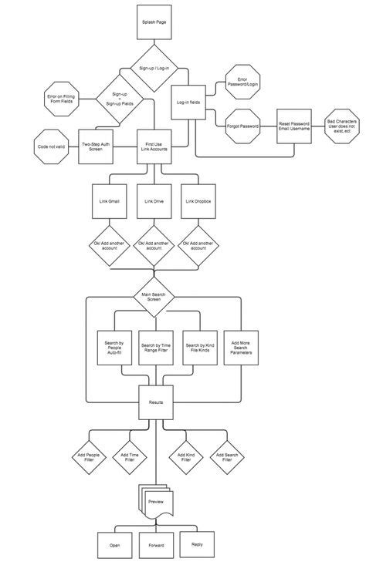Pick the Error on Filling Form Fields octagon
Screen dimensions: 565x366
[63, 100]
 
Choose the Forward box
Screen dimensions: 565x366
[156, 545]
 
